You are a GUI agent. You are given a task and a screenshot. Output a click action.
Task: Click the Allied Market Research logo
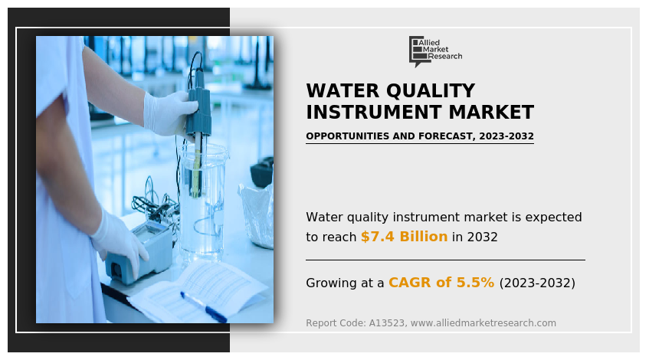[x=435, y=51]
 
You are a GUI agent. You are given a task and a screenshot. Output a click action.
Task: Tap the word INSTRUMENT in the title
[x=374, y=112]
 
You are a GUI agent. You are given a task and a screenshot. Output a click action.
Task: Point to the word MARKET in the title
[x=491, y=112]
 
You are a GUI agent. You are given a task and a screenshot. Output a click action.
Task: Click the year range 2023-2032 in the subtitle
[x=506, y=136]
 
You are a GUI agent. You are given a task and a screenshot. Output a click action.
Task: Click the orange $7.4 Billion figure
[x=404, y=237]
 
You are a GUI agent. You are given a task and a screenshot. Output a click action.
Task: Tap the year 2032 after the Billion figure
[x=482, y=237]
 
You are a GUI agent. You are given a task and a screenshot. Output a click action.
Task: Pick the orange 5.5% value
[x=475, y=283]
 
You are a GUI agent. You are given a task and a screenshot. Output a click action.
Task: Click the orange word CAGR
[x=410, y=283]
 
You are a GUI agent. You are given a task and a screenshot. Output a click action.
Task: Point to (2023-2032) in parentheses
[x=537, y=283]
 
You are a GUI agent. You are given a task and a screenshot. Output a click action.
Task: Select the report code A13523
[x=387, y=323]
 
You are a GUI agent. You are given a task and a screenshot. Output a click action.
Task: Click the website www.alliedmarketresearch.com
[x=483, y=323]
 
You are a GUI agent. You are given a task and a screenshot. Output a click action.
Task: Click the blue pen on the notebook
[x=204, y=306]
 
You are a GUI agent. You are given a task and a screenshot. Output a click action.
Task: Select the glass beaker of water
[x=202, y=203]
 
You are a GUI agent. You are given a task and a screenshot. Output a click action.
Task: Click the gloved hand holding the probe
[x=170, y=113]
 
